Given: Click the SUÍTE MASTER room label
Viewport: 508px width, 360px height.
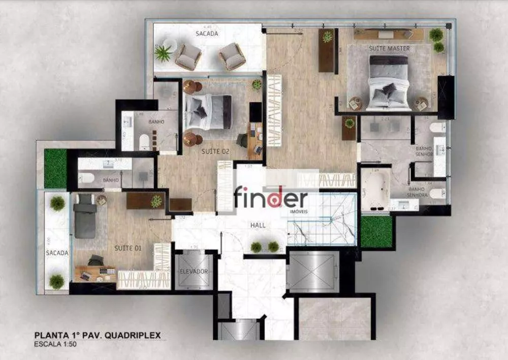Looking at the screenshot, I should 390,48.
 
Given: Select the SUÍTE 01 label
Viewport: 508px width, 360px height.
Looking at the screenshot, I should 128,248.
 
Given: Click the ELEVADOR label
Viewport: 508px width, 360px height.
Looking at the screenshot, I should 194,272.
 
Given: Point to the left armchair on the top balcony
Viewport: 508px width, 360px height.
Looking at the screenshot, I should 188,56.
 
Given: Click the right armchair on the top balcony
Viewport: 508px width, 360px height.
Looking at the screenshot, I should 233,55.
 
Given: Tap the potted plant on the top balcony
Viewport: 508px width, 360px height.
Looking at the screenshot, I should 163,53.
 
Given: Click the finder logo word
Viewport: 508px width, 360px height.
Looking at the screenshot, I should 271,197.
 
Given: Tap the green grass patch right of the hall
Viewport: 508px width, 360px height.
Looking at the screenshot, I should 376,232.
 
